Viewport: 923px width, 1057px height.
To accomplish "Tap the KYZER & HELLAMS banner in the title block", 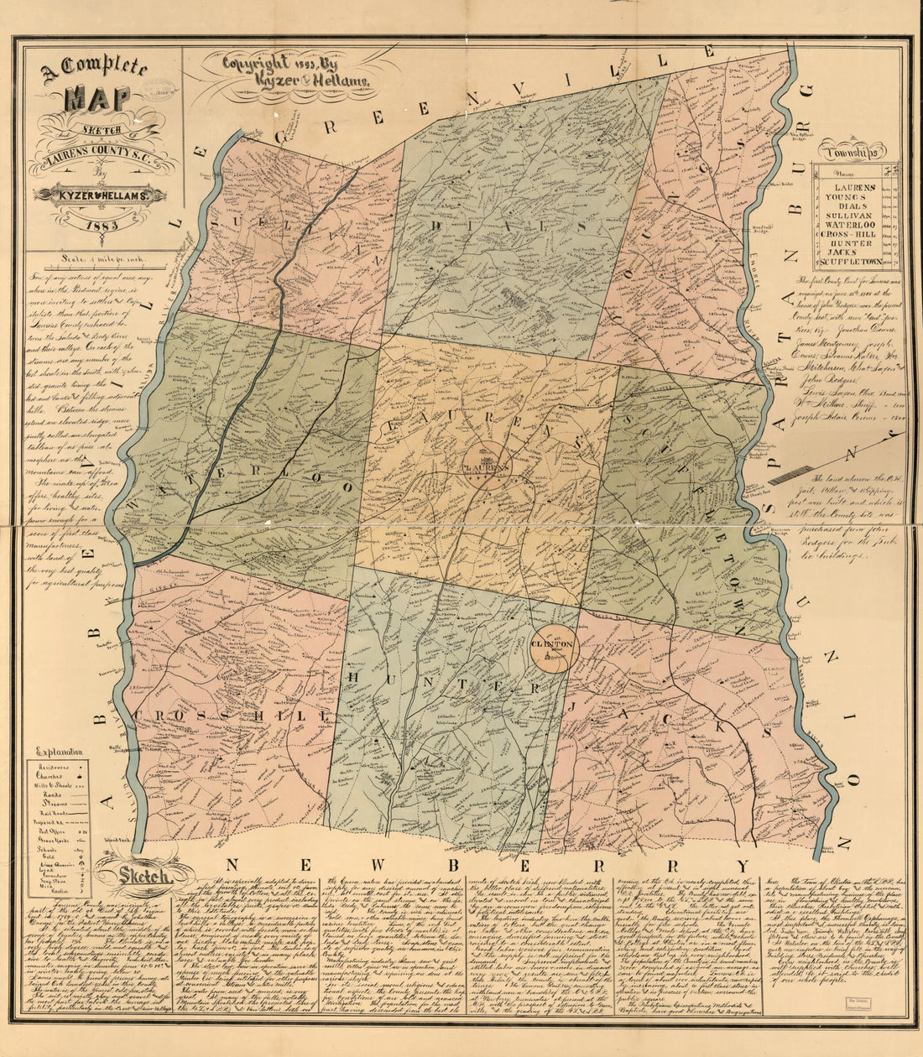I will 100,195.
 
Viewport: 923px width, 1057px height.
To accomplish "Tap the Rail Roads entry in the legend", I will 48,812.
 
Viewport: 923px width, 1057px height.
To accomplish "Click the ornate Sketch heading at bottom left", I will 134,877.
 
